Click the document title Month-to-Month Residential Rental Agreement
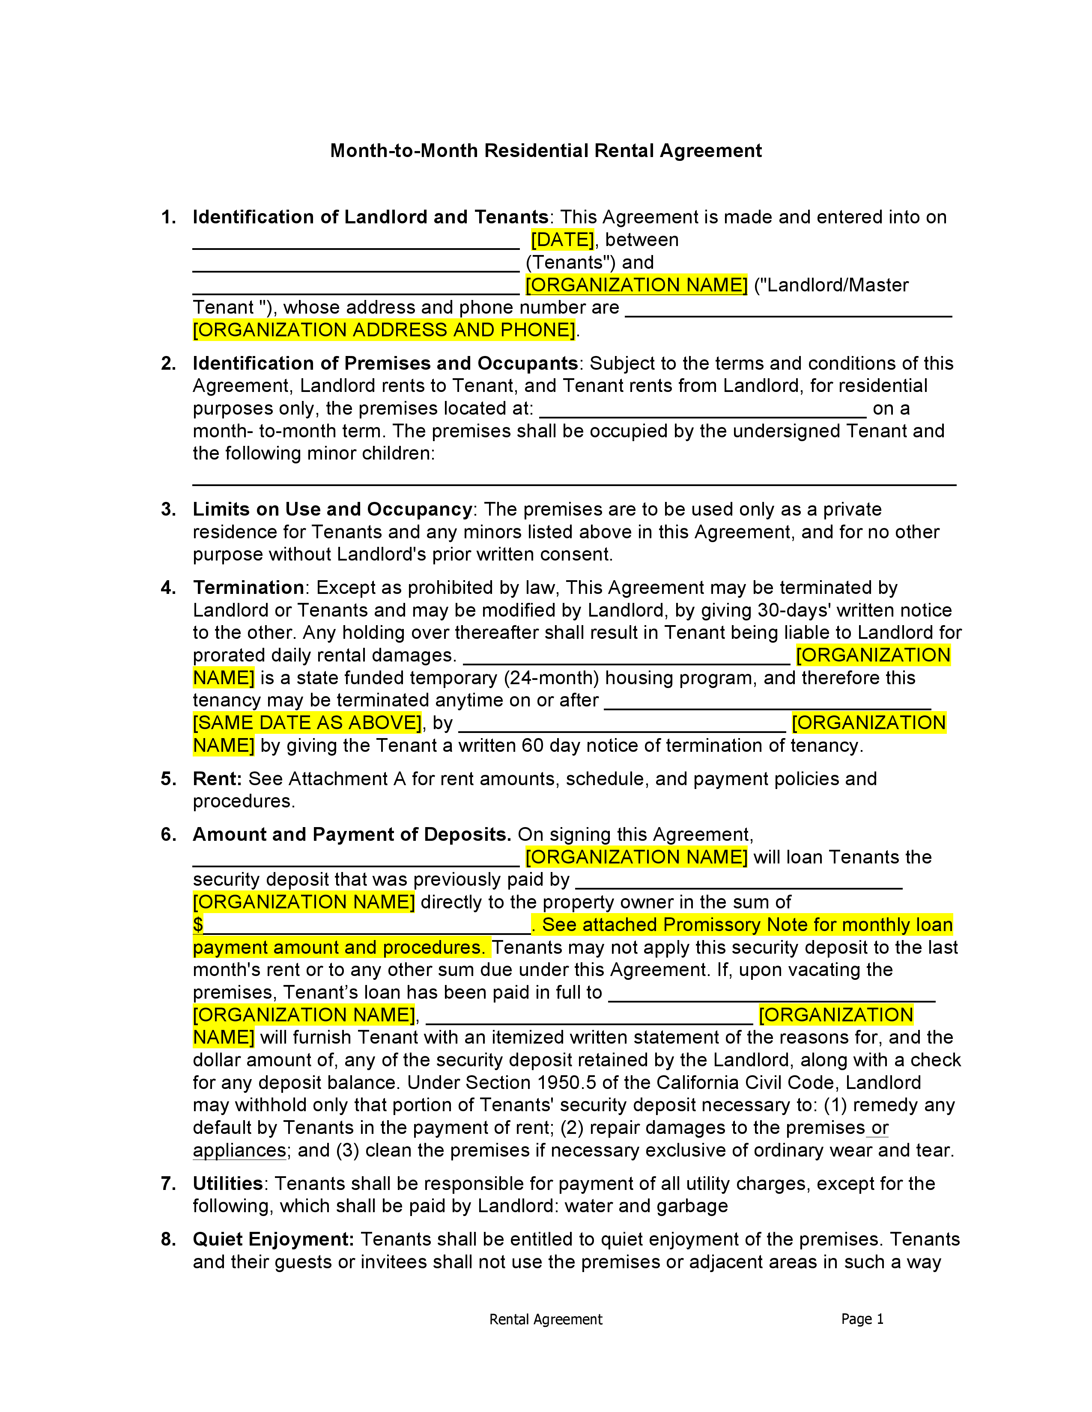pos(545,151)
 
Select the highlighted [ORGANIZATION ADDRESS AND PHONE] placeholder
pos(384,330)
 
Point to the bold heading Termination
pos(248,587)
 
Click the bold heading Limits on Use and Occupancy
pos(332,510)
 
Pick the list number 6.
pos(168,835)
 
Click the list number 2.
pos(168,363)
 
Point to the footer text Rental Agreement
pos(545,1320)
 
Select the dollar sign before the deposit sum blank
pos(198,925)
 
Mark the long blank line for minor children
pos(574,484)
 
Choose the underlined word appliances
pos(239,1151)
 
